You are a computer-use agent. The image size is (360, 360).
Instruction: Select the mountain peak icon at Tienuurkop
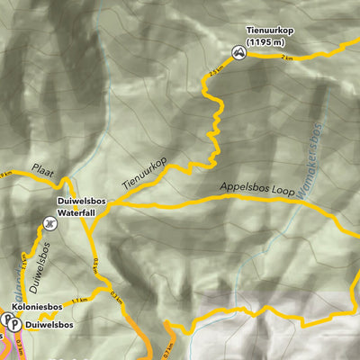(x=238, y=53)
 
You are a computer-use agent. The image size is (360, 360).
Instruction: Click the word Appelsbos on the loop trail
(x=247, y=189)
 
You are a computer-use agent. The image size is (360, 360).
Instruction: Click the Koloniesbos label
(x=38, y=307)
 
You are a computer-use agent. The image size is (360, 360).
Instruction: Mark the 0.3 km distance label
(x=114, y=295)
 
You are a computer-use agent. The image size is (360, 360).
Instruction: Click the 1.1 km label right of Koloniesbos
(x=79, y=299)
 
